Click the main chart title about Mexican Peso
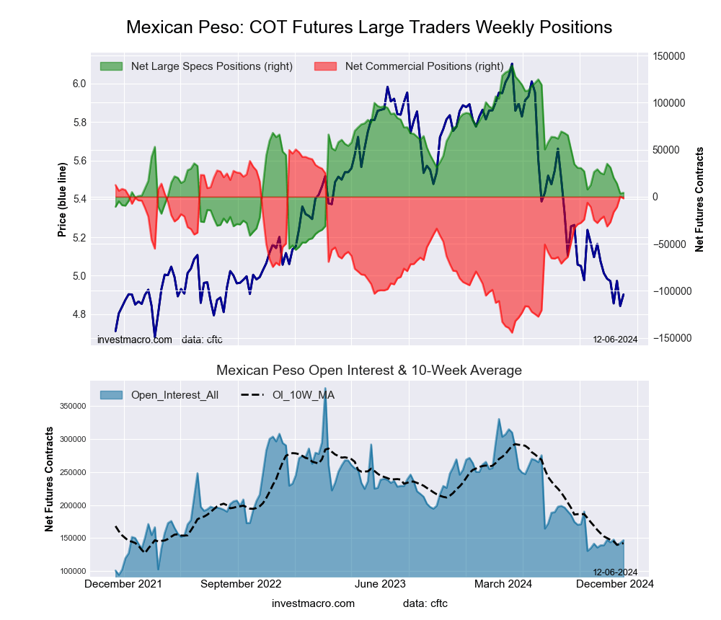(x=368, y=27)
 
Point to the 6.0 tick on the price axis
(x=79, y=84)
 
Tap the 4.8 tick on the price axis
(x=79, y=314)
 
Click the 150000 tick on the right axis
(x=668, y=56)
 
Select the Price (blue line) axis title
(x=63, y=200)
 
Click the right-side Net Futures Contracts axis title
(x=699, y=199)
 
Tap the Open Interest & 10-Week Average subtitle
(x=368, y=371)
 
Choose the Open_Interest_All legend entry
(x=174, y=394)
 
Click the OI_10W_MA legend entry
(x=303, y=394)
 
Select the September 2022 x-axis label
(x=240, y=584)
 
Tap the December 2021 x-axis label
(x=123, y=584)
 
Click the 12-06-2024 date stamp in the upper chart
(x=615, y=340)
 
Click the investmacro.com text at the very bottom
(x=313, y=603)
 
